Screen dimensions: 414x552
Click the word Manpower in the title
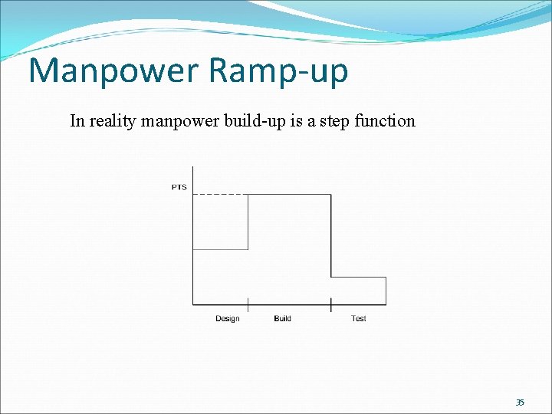(x=113, y=71)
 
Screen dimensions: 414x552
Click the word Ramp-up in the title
(x=278, y=72)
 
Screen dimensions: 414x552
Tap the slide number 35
(x=520, y=402)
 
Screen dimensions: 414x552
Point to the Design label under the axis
(x=227, y=319)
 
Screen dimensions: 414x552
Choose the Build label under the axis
(x=282, y=319)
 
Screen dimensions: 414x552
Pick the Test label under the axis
(x=358, y=319)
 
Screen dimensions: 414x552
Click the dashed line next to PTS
(x=220, y=195)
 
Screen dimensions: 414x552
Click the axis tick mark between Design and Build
(x=248, y=304)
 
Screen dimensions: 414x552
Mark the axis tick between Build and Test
(x=331, y=304)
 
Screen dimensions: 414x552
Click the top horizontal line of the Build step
(x=290, y=195)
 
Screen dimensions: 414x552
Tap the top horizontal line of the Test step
(x=359, y=278)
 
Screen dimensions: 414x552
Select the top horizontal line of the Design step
(x=220, y=249)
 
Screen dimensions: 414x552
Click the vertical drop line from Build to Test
(x=331, y=236)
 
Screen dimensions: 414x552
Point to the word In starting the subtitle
(x=77, y=120)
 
